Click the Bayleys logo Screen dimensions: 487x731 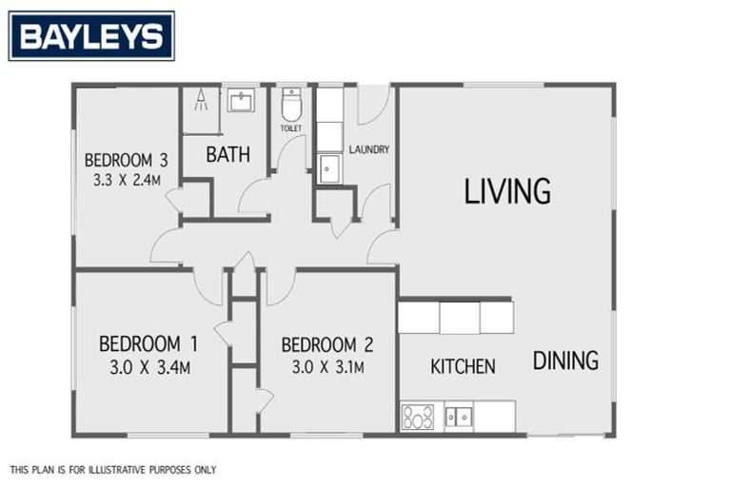91,36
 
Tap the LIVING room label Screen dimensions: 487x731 507,191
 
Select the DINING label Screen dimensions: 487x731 565,360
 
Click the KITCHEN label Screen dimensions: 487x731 463,366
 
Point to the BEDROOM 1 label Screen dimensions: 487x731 148,344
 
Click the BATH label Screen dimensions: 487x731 228,154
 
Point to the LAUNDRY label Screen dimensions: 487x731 369,149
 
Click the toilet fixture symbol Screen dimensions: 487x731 291,104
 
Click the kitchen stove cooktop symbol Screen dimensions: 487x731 418,417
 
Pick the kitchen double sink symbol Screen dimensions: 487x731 459,417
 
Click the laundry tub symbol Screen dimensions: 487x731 328,167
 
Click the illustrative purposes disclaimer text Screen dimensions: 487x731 113,470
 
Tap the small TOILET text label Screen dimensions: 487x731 290,127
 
